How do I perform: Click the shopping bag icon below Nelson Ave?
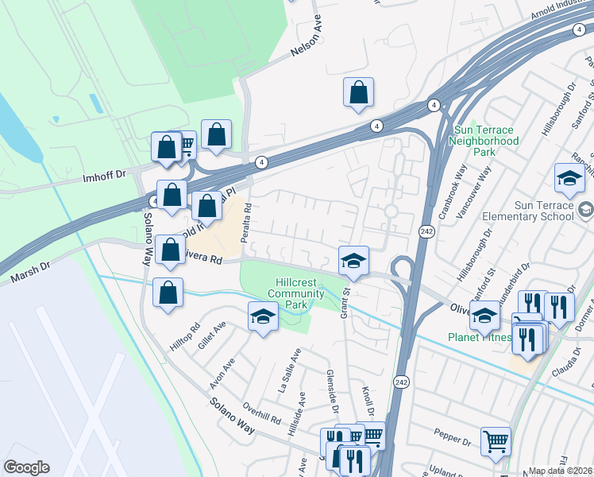click(359, 92)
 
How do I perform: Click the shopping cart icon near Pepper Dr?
click(496, 440)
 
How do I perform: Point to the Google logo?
click(26, 467)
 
